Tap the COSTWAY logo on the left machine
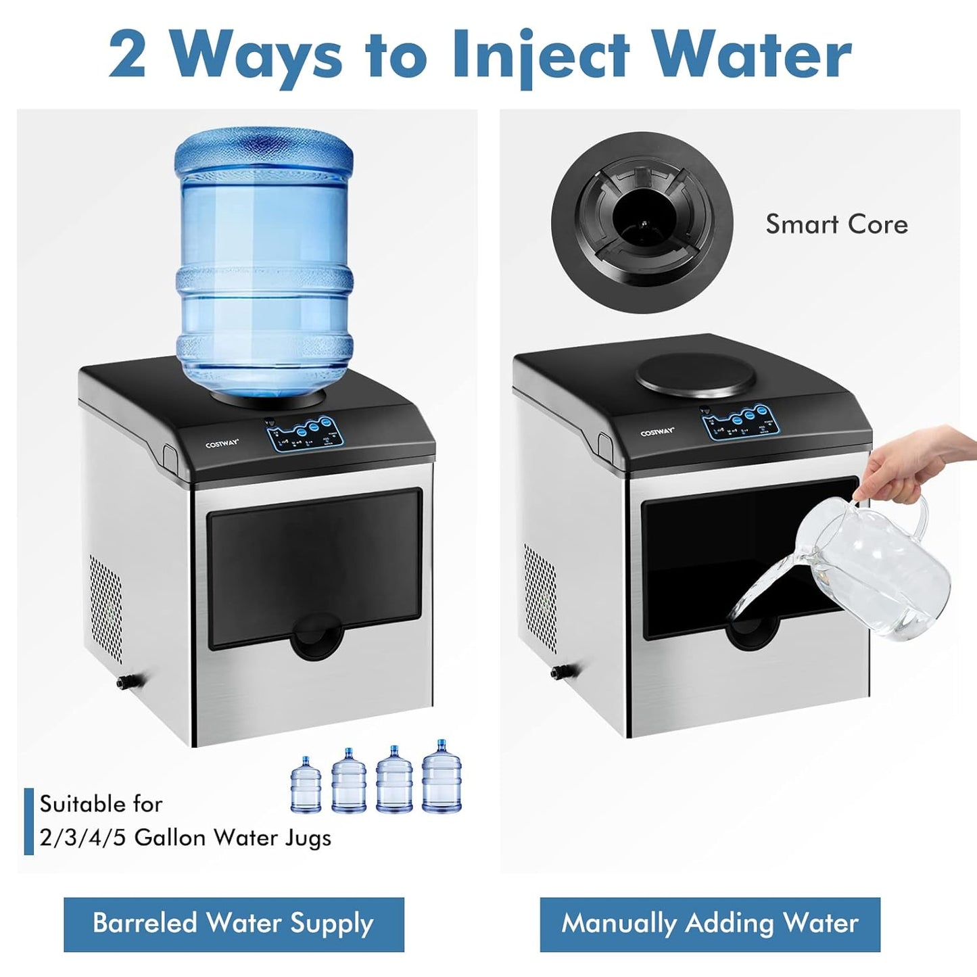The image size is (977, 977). click(x=222, y=444)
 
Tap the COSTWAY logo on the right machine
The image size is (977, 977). click(x=657, y=433)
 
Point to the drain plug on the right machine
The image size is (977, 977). click(x=560, y=671)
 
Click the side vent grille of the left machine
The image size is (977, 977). click(x=106, y=609)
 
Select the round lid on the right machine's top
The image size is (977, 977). click(x=696, y=374)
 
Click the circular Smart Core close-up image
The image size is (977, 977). click(x=642, y=222)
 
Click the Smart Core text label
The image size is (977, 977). click(x=836, y=224)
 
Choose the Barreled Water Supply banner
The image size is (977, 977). click(x=234, y=924)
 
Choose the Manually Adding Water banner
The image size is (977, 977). click(x=710, y=924)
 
